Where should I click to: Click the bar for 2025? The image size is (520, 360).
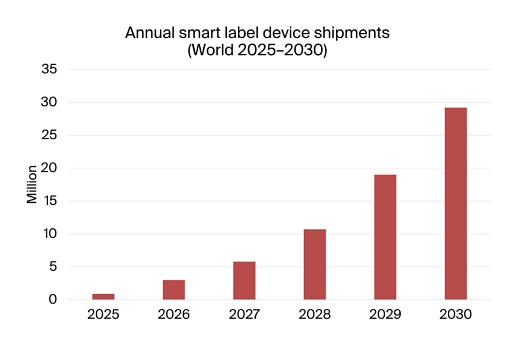[103, 296]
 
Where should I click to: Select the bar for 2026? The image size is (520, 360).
[174, 289]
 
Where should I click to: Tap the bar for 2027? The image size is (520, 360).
[244, 280]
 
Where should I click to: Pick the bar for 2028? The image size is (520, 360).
[314, 264]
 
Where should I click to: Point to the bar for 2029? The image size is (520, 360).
[385, 237]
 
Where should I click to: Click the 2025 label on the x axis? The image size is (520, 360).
[103, 314]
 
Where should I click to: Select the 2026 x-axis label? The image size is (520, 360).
[174, 314]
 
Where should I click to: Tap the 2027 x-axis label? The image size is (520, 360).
[244, 314]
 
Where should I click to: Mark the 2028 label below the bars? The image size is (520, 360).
[314, 314]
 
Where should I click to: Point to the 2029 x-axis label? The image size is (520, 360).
[385, 314]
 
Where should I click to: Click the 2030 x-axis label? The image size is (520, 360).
[455, 314]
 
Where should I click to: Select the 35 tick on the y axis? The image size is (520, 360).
[49, 69]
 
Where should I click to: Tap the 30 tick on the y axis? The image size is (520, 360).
[49, 102]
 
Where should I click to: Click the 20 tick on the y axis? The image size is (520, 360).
[49, 168]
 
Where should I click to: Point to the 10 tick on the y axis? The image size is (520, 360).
[49, 234]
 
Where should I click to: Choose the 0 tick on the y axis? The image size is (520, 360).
[53, 300]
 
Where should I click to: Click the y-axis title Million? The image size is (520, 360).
[31, 184]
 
